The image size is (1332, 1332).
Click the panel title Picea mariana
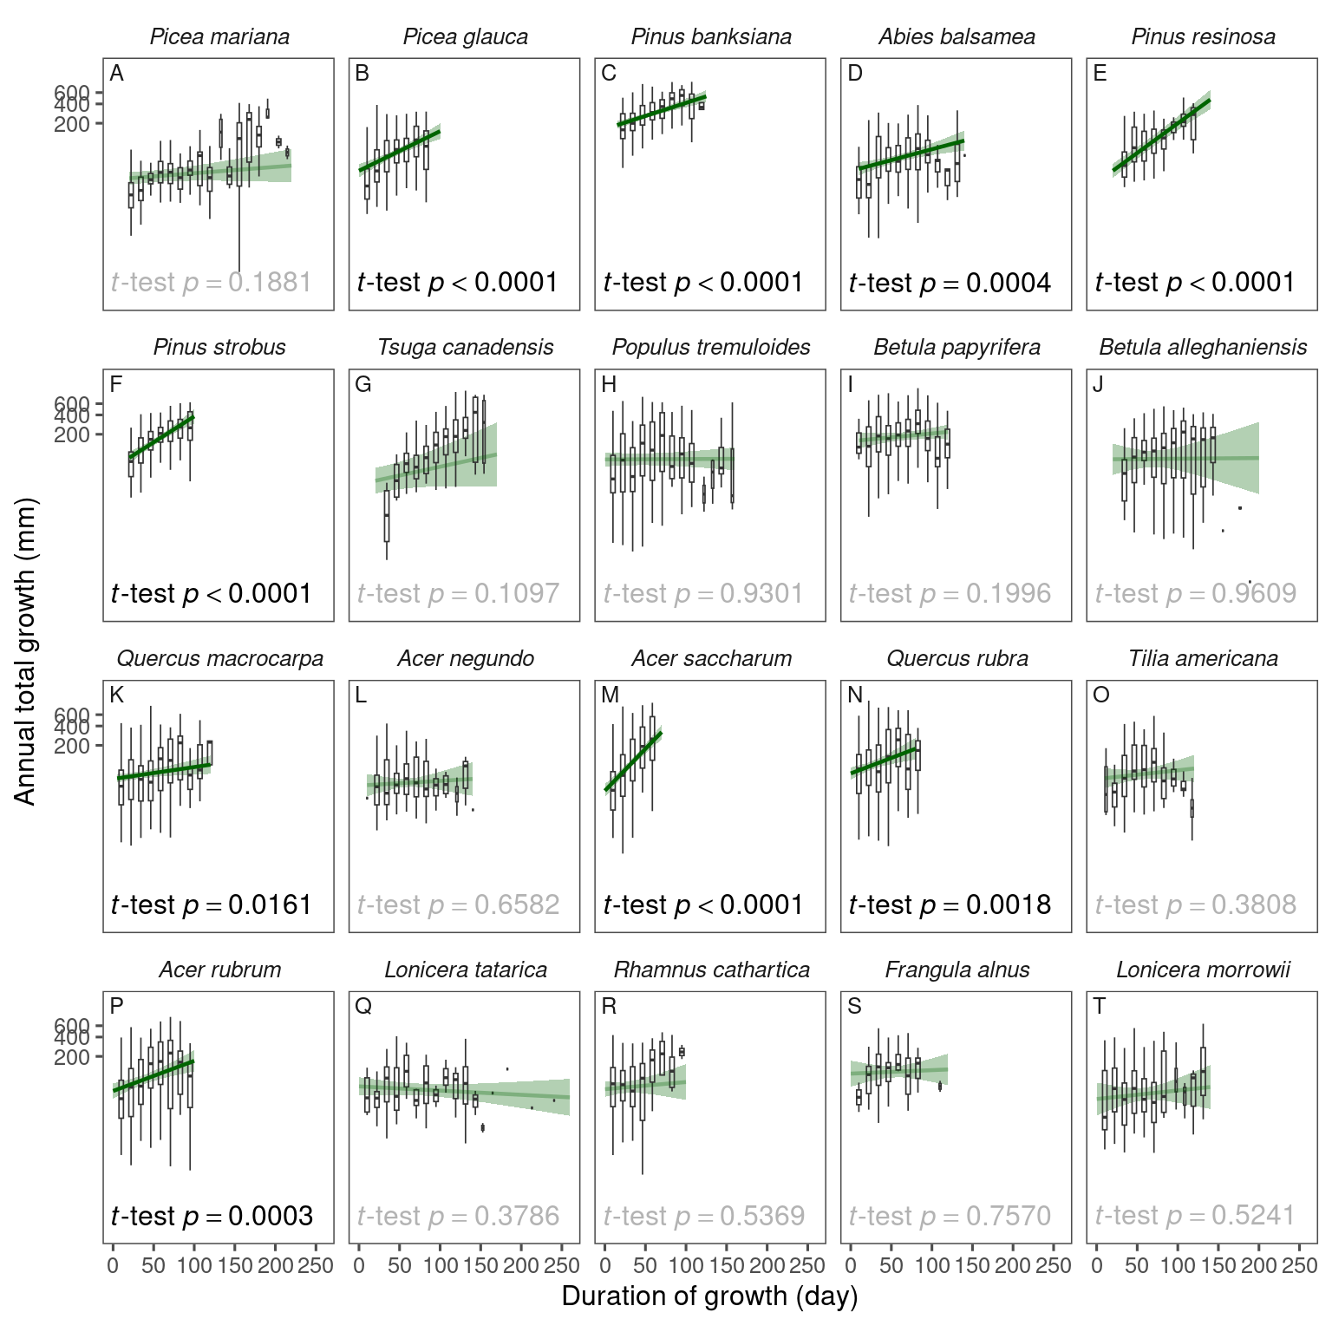[x=219, y=36]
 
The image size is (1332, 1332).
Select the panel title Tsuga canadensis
[x=466, y=348]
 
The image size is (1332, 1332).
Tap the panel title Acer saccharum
[x=711, y=658]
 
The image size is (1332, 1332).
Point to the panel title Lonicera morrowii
[x=1203, y=970]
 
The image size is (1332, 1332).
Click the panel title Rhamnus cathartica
[x=711, y=970]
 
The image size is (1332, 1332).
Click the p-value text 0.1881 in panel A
[x=270, y=283]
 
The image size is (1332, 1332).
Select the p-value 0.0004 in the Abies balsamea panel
[x=1009, y=283]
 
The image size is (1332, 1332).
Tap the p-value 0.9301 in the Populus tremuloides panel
[x=761, y=594]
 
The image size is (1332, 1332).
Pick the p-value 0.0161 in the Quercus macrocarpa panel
[x=270, y=905]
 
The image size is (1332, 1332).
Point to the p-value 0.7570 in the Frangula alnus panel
[x=1009, y=1217]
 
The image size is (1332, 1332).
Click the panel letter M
[x=610, y=695]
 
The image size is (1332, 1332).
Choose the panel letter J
[x=1099, y=384]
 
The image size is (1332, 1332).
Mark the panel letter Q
[x=364, y=1006]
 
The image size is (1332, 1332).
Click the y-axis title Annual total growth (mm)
[x=25, y=652]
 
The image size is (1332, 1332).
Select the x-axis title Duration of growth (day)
[x=709, y=1296]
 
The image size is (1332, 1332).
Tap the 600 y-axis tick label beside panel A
[x=72, y=93]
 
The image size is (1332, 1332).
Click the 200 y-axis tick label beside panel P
[x=72, y=1057]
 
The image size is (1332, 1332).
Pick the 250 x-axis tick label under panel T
[x=1299, y=1266]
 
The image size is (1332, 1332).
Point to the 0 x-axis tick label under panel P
[x=113, y=1266]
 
